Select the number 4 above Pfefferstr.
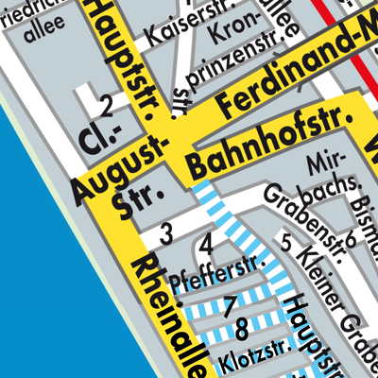(207, 247)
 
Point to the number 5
(286, 239)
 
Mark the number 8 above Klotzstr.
(243, 330)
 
